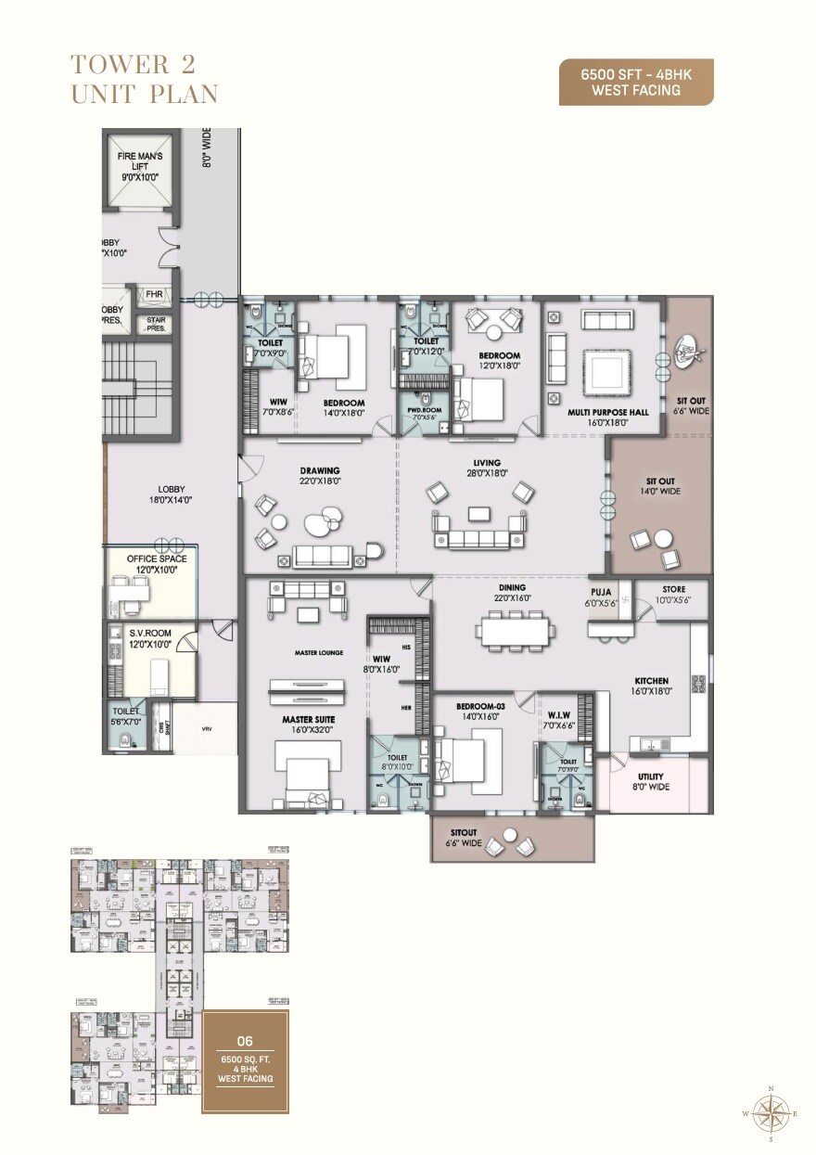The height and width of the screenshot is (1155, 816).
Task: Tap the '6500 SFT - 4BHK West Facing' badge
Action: click(x=636, y=83)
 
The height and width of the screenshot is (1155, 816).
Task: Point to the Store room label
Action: click(x=673, y=595)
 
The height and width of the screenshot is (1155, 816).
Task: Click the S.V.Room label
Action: click(x=149, y=637)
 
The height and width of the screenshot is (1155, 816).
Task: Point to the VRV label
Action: click(x=206, y=729)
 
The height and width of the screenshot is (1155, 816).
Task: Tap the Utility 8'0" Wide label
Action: click(x=650, y=781)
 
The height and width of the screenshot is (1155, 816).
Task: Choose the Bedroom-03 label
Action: click(x=478, y=711)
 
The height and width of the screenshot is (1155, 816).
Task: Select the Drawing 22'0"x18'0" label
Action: click(x=319, y=476)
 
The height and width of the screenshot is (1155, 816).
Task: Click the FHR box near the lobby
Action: click(x=152, y=295)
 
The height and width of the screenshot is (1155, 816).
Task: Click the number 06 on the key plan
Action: click(x=245, y=1042)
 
